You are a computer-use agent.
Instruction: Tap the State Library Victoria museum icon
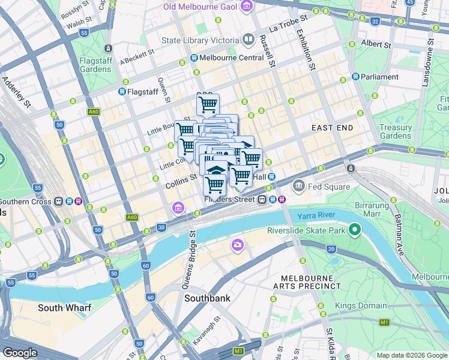(x=249, y=40)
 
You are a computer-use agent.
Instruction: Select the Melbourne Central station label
(x=232, y=58)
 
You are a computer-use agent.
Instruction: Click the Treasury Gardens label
(x=396, y=131)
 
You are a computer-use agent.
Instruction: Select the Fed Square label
(x=329, y=187)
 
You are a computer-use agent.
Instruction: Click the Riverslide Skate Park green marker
(x=355, y=229)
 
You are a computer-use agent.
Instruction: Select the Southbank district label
(x=207, y=298)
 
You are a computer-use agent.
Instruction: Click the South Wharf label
(x=64, y=308)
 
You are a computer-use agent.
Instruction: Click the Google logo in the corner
(x=20, y=353)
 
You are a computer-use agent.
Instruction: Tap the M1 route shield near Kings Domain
(x=384, y=322)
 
